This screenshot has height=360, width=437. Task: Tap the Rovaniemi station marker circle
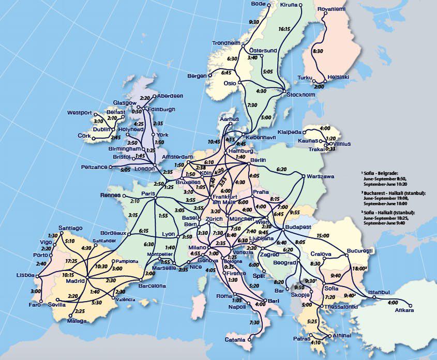pyautogui.click(x=325, y=14)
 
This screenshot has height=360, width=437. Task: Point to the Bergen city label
pyautogui.click(x=197, y=76)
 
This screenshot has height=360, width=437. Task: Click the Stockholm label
pyautogui.click(x=301, y=95)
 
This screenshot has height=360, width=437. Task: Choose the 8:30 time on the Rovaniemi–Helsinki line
pyautogui.click(x=318, y=51)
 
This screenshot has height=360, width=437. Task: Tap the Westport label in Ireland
pyautogui.click(x=79, y=113)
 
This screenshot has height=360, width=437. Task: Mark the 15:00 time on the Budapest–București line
pyautogui.click(x=323, y=236)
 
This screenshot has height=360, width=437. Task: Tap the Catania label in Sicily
pyautogui.click(x=235, y=340)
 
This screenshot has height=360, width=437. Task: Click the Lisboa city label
pyautogui.click(x=25, y=275)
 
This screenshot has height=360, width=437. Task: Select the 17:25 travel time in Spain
pyautogui.click(x=72, y=261)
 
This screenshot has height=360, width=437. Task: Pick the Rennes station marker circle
pyautogui.click(x=124, y=196)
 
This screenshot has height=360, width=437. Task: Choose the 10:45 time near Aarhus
pyautogui.click(x=214, y=141)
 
